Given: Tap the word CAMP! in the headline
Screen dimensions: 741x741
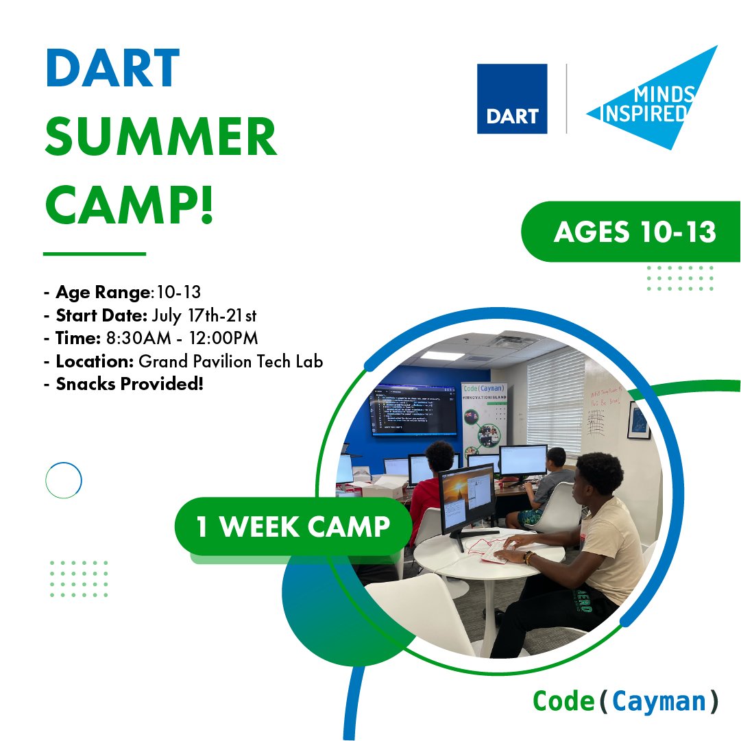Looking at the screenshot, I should [130, 204].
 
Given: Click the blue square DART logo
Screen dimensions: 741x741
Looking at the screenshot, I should [512, 99].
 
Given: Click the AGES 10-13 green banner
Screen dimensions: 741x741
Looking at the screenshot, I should [634, 232].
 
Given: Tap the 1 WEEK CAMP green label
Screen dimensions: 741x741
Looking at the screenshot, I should [293, 526].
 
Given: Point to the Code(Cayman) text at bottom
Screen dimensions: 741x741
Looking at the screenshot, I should [626, 701].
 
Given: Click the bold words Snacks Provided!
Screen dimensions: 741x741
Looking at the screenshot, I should [130, 384].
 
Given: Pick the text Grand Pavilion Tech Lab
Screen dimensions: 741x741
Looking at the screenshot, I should [231, 361].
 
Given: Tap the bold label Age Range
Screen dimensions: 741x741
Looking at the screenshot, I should [103, 293].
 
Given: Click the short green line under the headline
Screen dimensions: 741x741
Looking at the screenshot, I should [95, 254].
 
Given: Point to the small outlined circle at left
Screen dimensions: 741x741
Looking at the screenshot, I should [64, 481].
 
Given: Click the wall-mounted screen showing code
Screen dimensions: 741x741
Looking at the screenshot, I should [413, 412].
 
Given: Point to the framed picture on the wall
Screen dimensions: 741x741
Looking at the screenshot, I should [638, 420].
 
